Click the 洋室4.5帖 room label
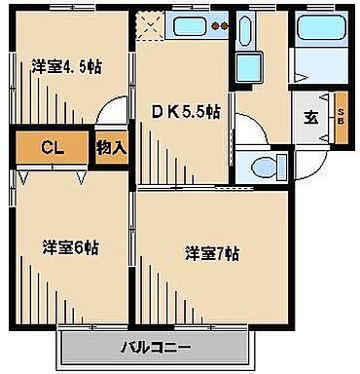tap(66, 66)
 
